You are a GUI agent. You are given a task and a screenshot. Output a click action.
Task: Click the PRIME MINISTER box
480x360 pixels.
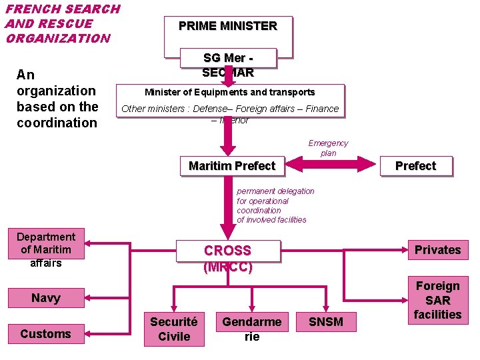coord(227,27)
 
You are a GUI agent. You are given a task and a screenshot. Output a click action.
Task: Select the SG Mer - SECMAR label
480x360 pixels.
coord(227,65)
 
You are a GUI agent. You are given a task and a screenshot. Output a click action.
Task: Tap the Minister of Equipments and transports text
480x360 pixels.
coord(230,92)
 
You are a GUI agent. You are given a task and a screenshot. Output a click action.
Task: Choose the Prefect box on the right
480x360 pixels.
coord(415,165)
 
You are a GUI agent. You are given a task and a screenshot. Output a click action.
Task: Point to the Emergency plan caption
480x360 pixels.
coord(328,148)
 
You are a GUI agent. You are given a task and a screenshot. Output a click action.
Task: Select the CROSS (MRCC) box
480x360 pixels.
coord(227,259)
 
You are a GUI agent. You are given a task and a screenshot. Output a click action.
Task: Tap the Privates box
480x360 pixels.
coord(437,249)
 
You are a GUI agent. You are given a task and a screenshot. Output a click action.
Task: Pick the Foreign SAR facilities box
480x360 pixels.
coord(437,300)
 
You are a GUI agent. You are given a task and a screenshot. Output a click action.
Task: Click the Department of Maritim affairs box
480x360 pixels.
coord(46,249)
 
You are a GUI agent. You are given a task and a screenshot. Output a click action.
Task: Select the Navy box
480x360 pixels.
coord(46,298)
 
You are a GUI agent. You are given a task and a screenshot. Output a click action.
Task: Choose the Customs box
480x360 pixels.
coord(46,333)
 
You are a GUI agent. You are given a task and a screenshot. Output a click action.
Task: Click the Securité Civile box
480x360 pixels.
coord(174,329)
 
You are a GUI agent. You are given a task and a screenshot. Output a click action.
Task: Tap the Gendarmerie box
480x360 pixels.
coord(251,329)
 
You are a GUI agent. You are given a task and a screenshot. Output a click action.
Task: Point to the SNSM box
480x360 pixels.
coord(326,322)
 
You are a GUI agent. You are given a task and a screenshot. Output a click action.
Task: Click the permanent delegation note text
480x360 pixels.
coord(275,205)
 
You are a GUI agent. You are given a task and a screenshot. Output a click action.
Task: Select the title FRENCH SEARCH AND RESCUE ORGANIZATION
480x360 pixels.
coord(62,23)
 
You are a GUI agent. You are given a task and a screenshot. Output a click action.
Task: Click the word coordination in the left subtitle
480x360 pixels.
coord(57,123)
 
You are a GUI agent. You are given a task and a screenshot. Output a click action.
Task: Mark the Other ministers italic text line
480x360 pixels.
coord(230,109)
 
